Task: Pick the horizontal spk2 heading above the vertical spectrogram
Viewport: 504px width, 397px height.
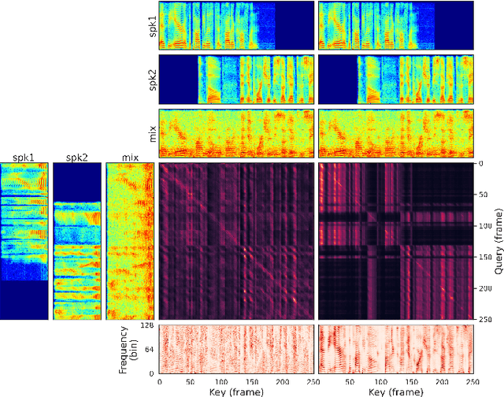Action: (76, 158)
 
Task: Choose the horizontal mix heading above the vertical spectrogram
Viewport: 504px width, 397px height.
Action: (130, 158)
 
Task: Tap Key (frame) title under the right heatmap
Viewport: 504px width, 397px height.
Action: (394, 391)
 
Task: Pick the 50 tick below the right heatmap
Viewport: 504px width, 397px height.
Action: (349, 381)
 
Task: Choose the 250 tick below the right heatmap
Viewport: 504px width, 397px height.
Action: (471, 381)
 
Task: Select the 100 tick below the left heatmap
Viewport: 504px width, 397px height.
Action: (222, 381)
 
